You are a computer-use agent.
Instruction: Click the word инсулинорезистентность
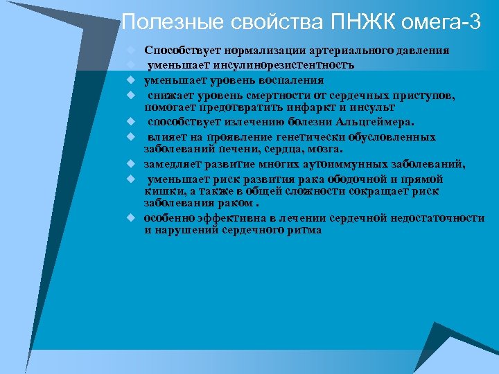coord(286,65)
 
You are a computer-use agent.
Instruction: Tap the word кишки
coord(161,190)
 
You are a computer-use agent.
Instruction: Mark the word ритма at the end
coord(304,230)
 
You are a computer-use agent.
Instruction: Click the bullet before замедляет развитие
coord(130,164)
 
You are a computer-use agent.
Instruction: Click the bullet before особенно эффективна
coord(130,217)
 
